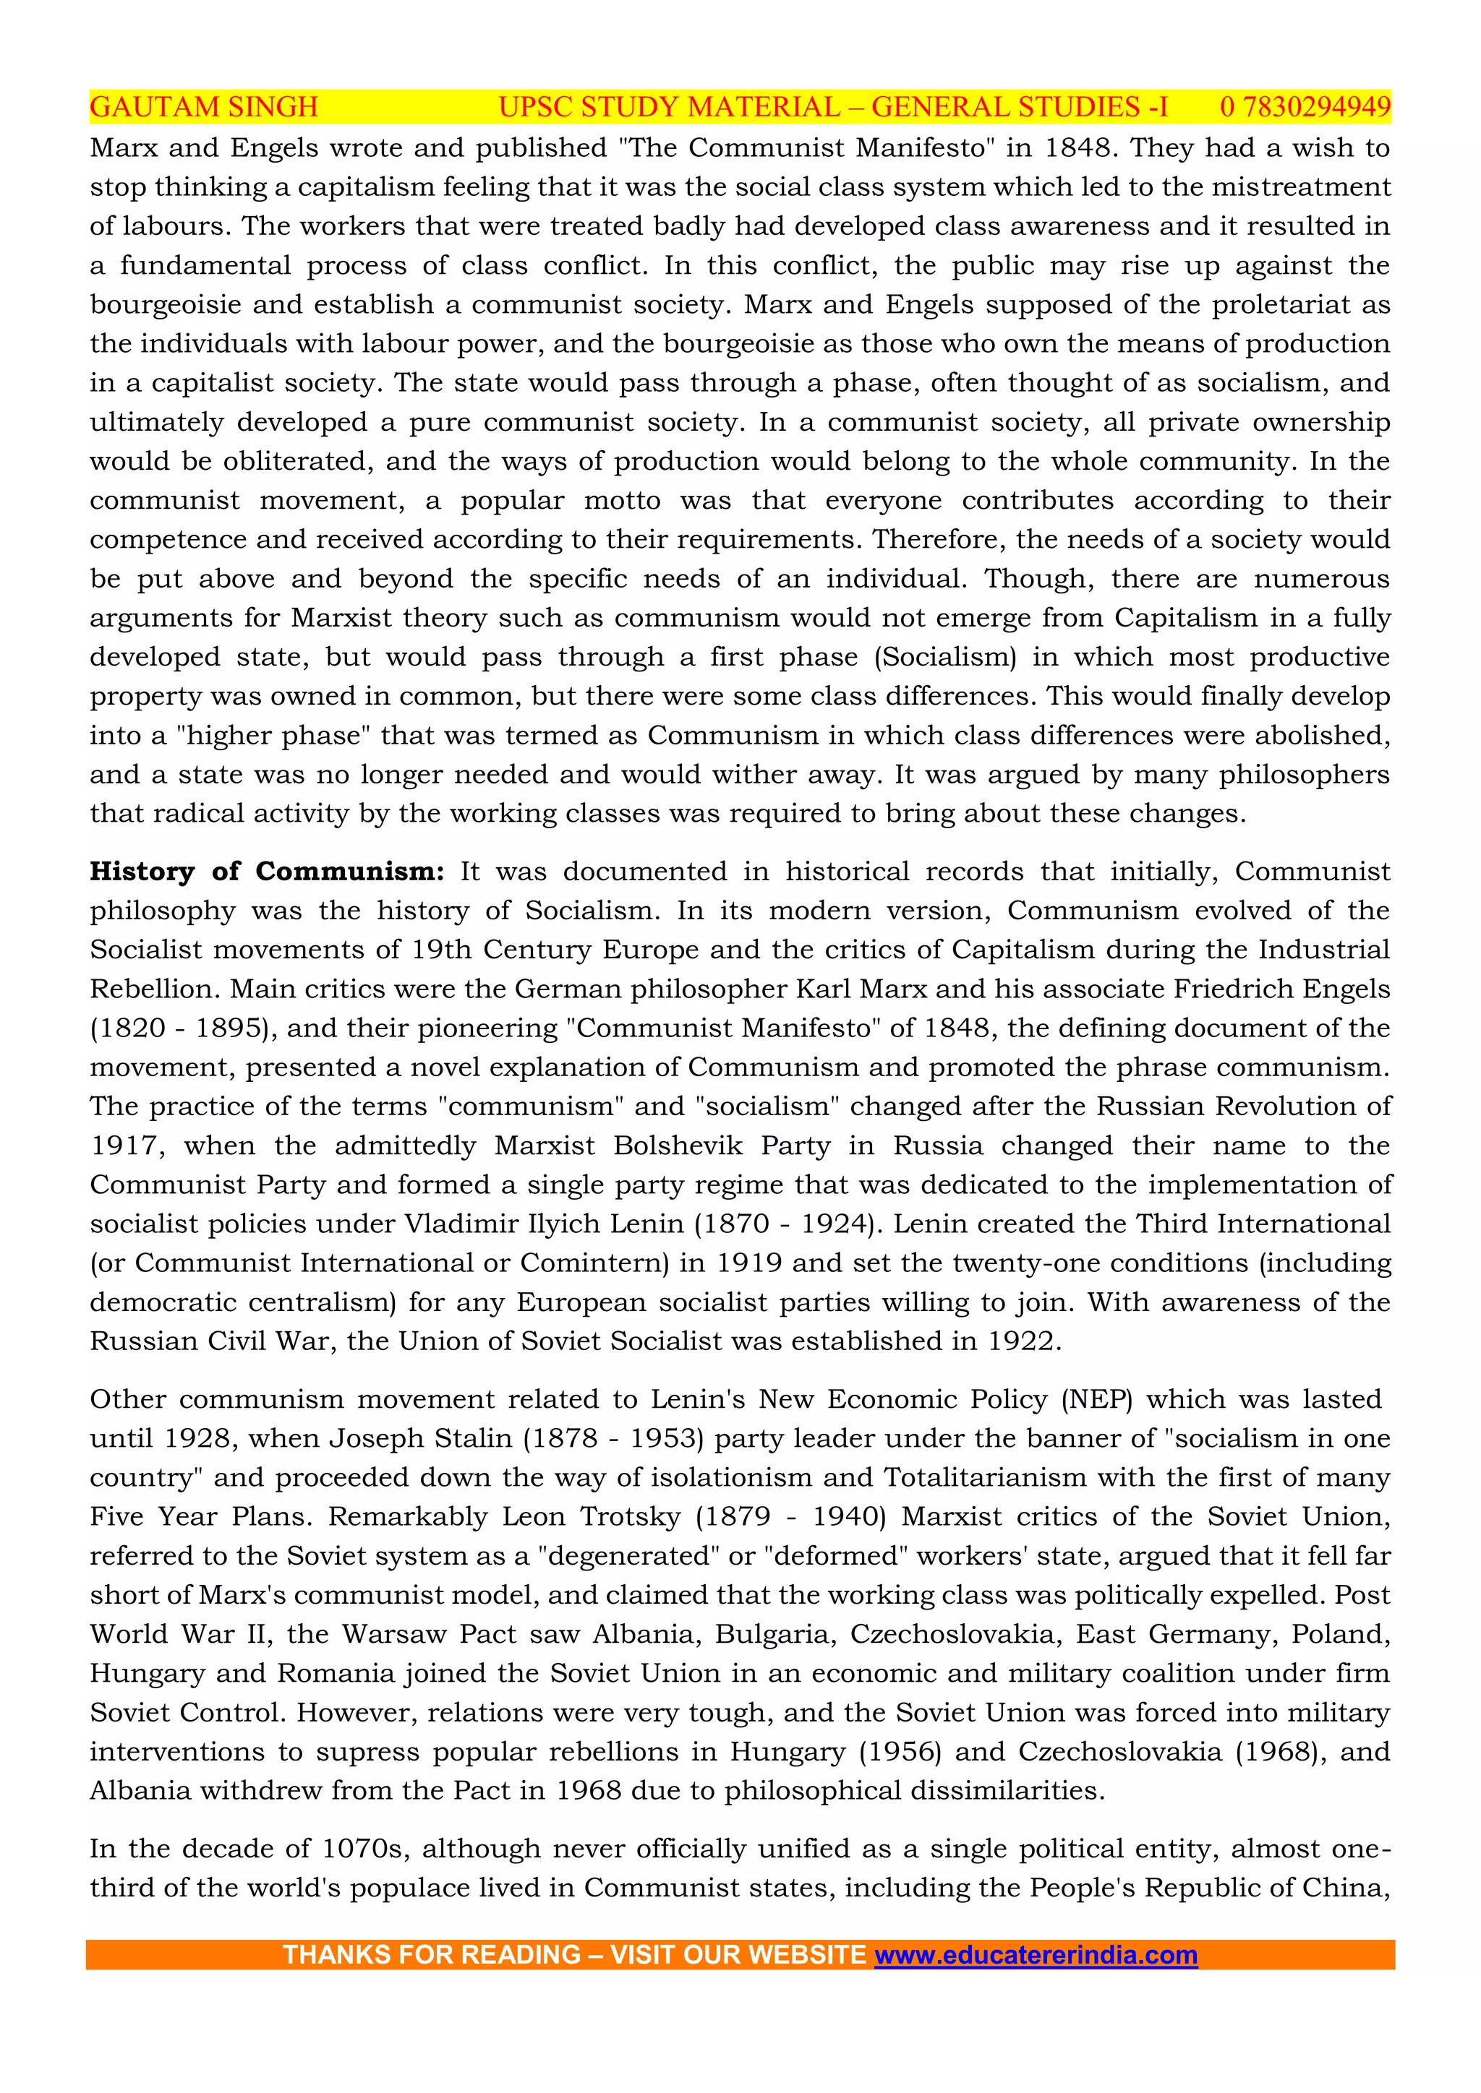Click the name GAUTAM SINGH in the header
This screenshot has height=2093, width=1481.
204,108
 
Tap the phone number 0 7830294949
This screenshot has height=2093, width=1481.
1305,108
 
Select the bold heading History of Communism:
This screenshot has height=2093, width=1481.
266,872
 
